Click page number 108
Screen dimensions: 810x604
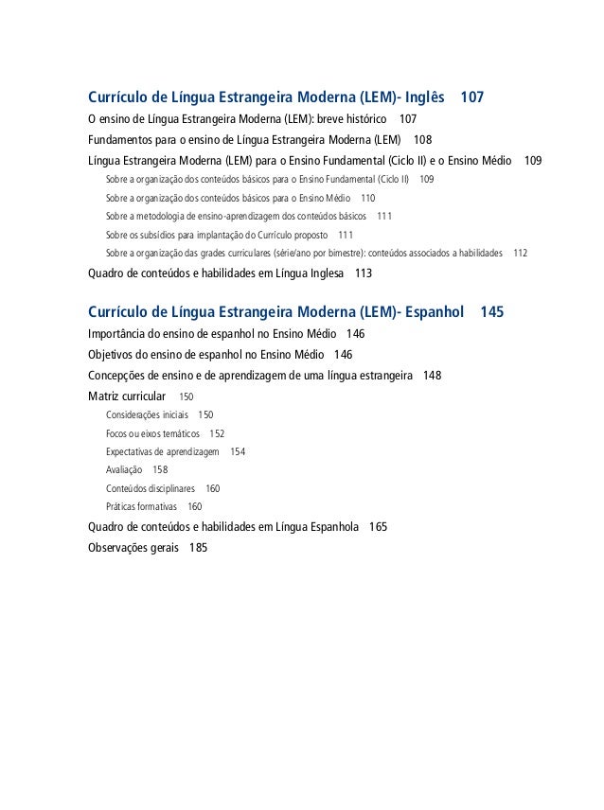click(x=422, y=140)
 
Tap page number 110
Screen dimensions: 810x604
click(x=368, y=198)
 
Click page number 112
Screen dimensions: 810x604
click(x=521, y=254)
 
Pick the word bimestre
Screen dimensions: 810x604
click(x=342, y=254)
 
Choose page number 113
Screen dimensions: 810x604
click(x=363, y=274)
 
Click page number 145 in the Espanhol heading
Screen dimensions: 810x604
click(x=492, y=312)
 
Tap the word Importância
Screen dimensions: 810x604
click(x=118, y=334)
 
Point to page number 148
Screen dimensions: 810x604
click(x=433, y=376)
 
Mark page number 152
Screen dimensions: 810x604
click(x=217, y=433)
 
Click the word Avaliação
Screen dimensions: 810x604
click(x=124, y=470)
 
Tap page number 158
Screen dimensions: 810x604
click(x=161, y=470)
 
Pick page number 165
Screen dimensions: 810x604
click(x=378, y=527)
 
